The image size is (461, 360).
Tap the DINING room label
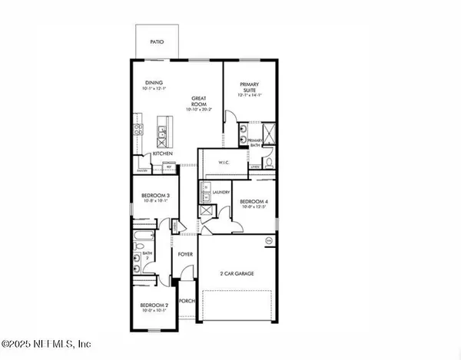tap(155, 84)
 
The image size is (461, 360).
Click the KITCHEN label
tap(162, 154)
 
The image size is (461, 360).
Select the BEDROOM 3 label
tap(155, 197)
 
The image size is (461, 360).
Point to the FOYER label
tap(185, 253)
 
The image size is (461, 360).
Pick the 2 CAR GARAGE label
tap(237, 273)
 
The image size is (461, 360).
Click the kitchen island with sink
tap(163, 130)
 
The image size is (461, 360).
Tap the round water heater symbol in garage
tap(270, 241)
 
